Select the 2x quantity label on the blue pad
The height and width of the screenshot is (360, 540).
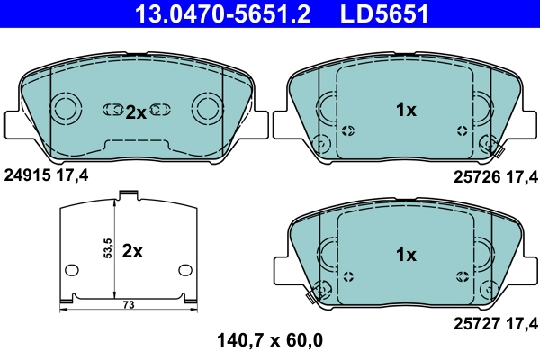tap(135, 112)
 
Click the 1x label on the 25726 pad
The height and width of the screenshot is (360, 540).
tap(406, 111)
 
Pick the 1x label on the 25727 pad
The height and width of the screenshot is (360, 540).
tap(406, 255)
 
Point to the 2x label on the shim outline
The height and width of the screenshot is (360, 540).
tap(132, 252)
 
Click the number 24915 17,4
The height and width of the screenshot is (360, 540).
tap(47, 175)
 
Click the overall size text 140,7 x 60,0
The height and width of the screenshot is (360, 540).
tap(269, 340)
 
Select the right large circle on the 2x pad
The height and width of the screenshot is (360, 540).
tap(208, 110)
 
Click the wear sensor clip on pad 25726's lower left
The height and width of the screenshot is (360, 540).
tap(322, 143)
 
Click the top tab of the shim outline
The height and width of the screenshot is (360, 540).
tap(128, 193)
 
